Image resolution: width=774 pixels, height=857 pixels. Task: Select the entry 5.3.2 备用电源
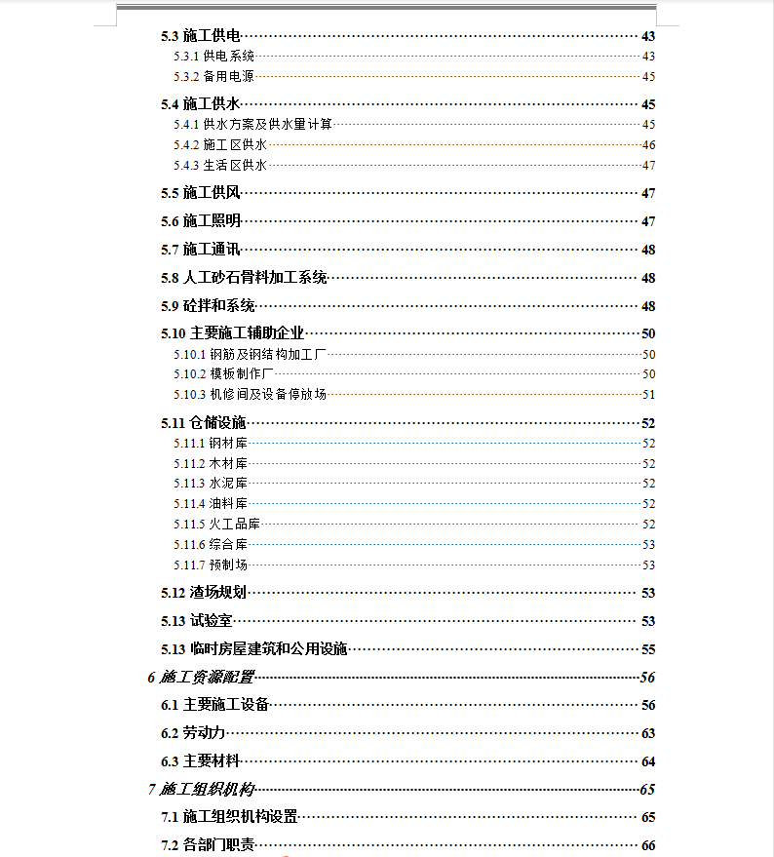(x=214, y=76)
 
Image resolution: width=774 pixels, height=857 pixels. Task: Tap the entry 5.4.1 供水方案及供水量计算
(x=253, y=125)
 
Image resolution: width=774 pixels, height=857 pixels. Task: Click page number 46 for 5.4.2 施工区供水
(x=648, y=145)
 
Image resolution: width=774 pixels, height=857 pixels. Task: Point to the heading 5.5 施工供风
(x=201, y=193)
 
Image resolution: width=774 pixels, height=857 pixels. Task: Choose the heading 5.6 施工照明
(x=201, y=221)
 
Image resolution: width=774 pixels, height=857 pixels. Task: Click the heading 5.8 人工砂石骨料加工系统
(x=244, y=278)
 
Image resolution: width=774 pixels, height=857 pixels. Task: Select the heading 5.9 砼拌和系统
(x=208, y=306)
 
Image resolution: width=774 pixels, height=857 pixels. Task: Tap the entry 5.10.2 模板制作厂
(x=225, y=374)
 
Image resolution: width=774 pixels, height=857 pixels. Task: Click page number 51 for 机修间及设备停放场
(x=648, y=395)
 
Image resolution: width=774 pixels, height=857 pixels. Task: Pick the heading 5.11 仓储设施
(x=203, y=423)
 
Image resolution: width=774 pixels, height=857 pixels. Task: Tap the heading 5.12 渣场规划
(x=203, y=593)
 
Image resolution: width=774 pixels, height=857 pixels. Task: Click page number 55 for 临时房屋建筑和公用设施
(x=648, y=649)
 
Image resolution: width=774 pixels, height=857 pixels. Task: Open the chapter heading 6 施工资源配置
(x=200, y=678)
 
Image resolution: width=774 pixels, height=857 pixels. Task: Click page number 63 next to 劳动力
(x=648, y=733)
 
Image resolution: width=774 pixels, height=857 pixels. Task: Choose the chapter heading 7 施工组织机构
(x=200, y=790)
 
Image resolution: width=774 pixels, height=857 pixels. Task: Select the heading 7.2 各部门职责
(x=208, y=845)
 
